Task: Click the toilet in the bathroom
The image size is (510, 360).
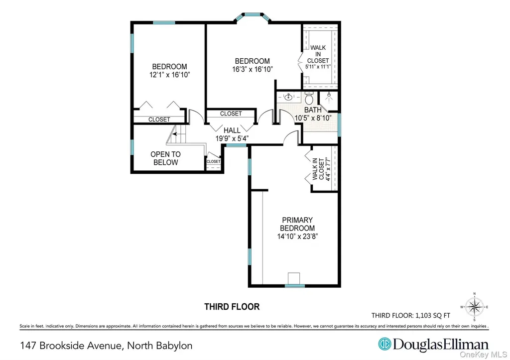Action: tap(309, 98)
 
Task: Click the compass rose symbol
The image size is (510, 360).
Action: tap(474, 307)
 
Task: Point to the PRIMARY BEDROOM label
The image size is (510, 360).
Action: tap(297, 224)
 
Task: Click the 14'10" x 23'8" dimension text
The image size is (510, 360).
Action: tap(297, 237)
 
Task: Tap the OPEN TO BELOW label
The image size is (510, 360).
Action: tap(165, 158)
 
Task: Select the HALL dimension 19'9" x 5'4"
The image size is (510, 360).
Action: tap(232, 138)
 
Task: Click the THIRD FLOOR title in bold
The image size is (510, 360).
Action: tap(232, 307)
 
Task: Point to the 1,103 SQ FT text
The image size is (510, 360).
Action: tap(433, 316)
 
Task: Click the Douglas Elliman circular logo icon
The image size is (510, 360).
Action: tap(385, 344)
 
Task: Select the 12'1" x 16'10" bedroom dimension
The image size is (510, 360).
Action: tap(169, 75)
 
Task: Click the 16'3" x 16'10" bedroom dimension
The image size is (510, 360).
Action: tap(253, 69)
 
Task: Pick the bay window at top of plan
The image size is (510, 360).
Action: tap(253, 17)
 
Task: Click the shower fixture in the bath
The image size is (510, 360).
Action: tap(329, 96)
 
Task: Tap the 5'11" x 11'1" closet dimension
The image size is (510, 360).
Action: tap(318, 67)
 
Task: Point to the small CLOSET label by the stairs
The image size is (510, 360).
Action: tap(213, 161)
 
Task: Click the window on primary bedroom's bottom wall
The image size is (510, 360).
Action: tap(295, 286)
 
